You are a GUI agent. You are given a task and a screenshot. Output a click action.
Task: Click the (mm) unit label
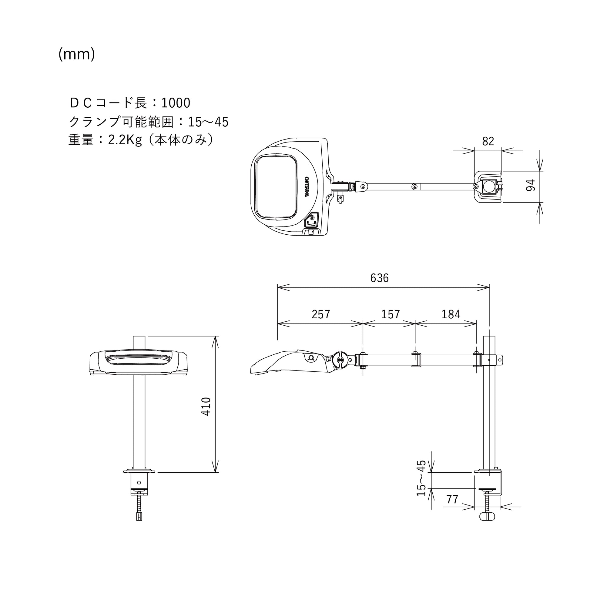[x=77, y=54]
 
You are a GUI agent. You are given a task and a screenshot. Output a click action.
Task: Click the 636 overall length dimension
[x=379, y=278]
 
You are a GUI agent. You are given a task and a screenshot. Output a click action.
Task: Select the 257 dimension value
[x=321, y=314]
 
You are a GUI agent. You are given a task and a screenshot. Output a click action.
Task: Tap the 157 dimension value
[x=390, y=314]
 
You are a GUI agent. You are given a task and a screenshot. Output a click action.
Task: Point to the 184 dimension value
[x=451, y=314]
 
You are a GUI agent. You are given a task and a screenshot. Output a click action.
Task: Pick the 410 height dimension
[x=206, y=406]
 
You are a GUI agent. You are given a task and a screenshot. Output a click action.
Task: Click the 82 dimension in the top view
[x=488, y=141]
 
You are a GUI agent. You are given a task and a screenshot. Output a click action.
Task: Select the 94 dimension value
[x=531, y=185]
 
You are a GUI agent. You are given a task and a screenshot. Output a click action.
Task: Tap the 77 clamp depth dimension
[x=452, y=499]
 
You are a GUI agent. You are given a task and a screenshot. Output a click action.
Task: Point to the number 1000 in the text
[x=176, y=103]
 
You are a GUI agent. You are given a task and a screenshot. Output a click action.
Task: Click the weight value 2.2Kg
[x=125, y=140]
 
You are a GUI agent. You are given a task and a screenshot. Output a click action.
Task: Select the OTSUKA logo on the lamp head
[x=307, y=186]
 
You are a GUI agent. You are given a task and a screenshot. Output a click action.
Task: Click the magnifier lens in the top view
[x=277, y=186]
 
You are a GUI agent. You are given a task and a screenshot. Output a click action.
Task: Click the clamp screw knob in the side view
[x=487, y=516]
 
